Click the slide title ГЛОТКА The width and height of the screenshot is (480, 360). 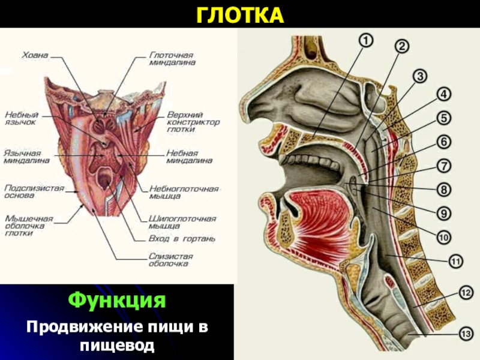240,14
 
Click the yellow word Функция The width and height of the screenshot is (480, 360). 117,299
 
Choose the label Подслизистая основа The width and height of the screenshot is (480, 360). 34,191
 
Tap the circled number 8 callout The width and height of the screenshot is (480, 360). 443,190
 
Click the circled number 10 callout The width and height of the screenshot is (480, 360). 443,238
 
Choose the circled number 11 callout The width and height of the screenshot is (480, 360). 455,261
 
